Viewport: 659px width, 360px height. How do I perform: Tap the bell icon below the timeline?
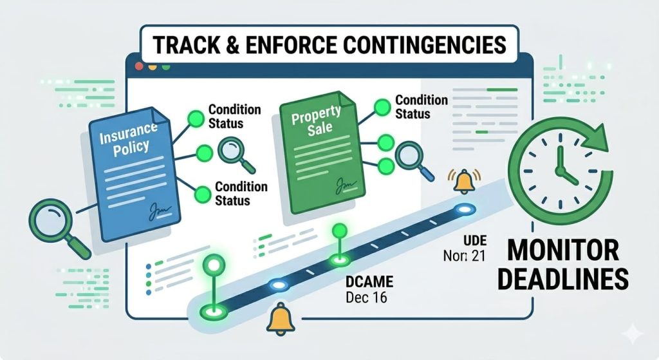[x=281, y=318]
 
